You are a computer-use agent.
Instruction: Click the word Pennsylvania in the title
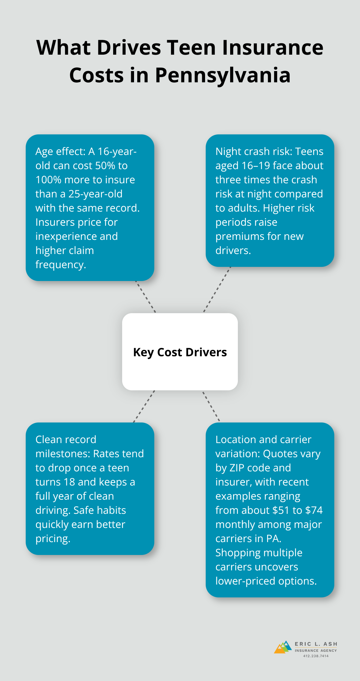coord(223,76)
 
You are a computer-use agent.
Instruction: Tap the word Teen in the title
coord(191,48)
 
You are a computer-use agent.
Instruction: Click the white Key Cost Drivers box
coord(180,352)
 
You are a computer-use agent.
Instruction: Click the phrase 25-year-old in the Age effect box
coord(95,194)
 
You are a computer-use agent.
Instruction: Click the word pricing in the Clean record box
coord(52,539)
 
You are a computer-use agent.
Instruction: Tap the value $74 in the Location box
coord(314,510)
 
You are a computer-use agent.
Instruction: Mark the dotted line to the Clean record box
coord(144,407)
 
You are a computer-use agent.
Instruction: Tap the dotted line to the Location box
coord(211,406)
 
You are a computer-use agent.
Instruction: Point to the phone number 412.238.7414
coord(316,656)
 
